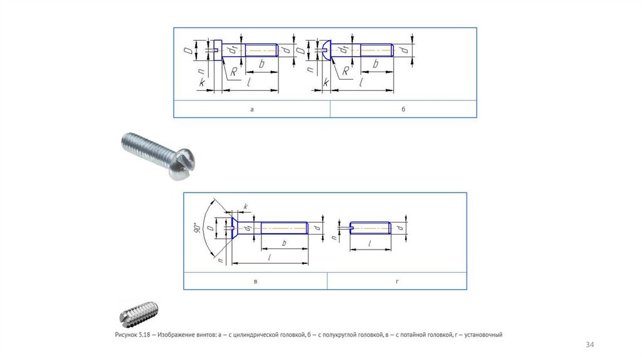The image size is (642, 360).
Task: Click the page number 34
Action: click(589, 345)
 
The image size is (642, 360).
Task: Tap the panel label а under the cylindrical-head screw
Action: click(252, 109)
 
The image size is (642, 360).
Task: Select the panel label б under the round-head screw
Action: click(403, 109)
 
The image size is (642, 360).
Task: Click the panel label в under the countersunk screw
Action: click(256, 282)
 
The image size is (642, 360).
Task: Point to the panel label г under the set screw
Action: click(397, 282)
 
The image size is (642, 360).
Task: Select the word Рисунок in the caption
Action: click(126, 335)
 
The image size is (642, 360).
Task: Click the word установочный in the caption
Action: click(483, 335)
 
